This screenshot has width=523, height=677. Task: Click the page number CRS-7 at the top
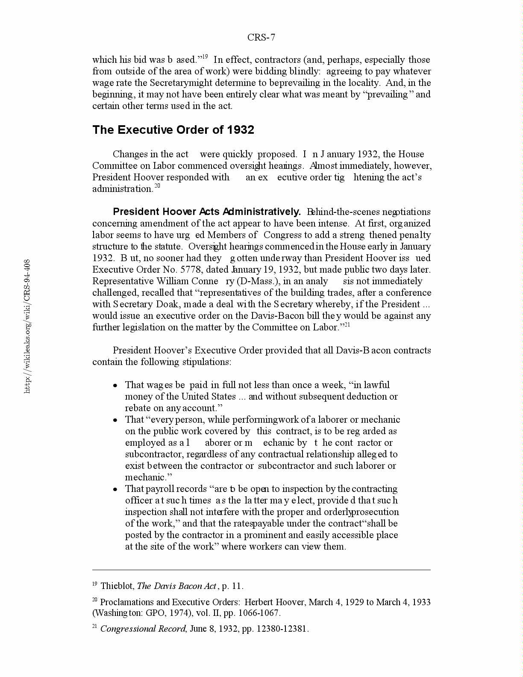click(x=261, y=38)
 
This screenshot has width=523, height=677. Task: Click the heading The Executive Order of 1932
click(x=173, y=130)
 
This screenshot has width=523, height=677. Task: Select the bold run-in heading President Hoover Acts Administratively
click(x=207, y=212)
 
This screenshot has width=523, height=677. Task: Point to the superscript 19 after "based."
click(x=205, y=57)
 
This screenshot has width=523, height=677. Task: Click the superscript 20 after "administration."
click(x=157, y=186)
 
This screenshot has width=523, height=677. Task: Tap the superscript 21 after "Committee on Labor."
click(x=347, y=324)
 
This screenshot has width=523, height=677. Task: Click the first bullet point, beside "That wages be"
click(x=115, y=386)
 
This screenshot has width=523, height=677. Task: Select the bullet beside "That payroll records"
click(x=115, y=489)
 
